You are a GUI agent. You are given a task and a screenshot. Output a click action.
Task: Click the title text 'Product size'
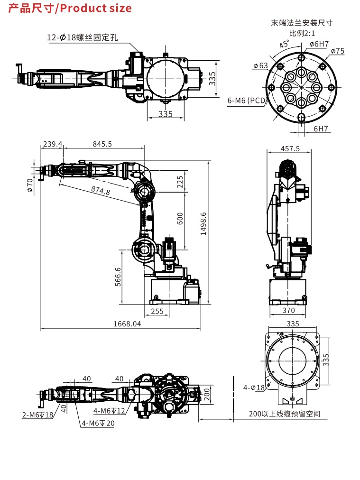(96, 8)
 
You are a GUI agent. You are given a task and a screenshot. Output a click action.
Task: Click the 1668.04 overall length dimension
(127, 324)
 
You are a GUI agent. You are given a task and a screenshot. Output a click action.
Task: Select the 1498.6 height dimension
(203, 224)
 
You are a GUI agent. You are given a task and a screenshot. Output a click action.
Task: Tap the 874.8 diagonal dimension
(101, 191)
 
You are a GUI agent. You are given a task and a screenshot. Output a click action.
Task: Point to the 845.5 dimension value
(102, 144)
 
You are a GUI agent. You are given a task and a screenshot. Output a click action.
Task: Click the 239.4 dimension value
(53, 144)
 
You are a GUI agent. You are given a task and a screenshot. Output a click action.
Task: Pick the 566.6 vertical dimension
(118, 277)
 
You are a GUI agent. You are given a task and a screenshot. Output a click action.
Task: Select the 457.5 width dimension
(290, 149)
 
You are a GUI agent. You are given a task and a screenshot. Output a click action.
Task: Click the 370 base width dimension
(288, 310)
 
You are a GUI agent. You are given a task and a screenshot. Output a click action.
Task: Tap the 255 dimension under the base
(157, 311)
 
